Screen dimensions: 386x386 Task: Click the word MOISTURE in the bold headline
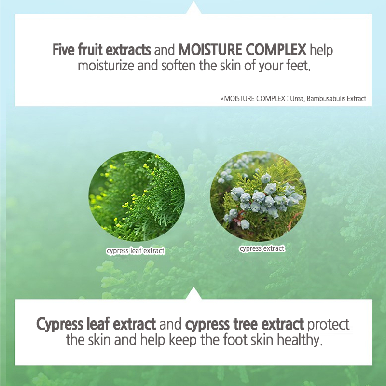[x=210, y=50]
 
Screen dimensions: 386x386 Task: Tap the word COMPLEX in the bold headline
[x=276, y=50]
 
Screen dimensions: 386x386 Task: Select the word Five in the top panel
[x=63, y=50]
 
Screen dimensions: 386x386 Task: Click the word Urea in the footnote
[x=297, y=99]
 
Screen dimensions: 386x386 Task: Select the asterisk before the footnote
[x=222, y=99]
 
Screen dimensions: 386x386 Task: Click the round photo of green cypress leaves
[x=137, y=196]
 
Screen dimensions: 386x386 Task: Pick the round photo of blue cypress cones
[x=258, y=196]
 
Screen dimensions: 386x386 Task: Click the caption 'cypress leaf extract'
[x=136, y=251]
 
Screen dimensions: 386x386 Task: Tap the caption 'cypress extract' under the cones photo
[x=262, y=248]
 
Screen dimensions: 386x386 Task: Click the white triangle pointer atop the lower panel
[x=194, y=294]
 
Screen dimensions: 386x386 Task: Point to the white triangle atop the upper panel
[x=194, y=9]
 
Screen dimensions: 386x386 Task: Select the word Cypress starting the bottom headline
[x=59, y=324]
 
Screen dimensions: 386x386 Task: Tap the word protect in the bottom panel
[x=328, y=325]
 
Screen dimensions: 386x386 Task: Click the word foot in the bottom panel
[x=235, y=340]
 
